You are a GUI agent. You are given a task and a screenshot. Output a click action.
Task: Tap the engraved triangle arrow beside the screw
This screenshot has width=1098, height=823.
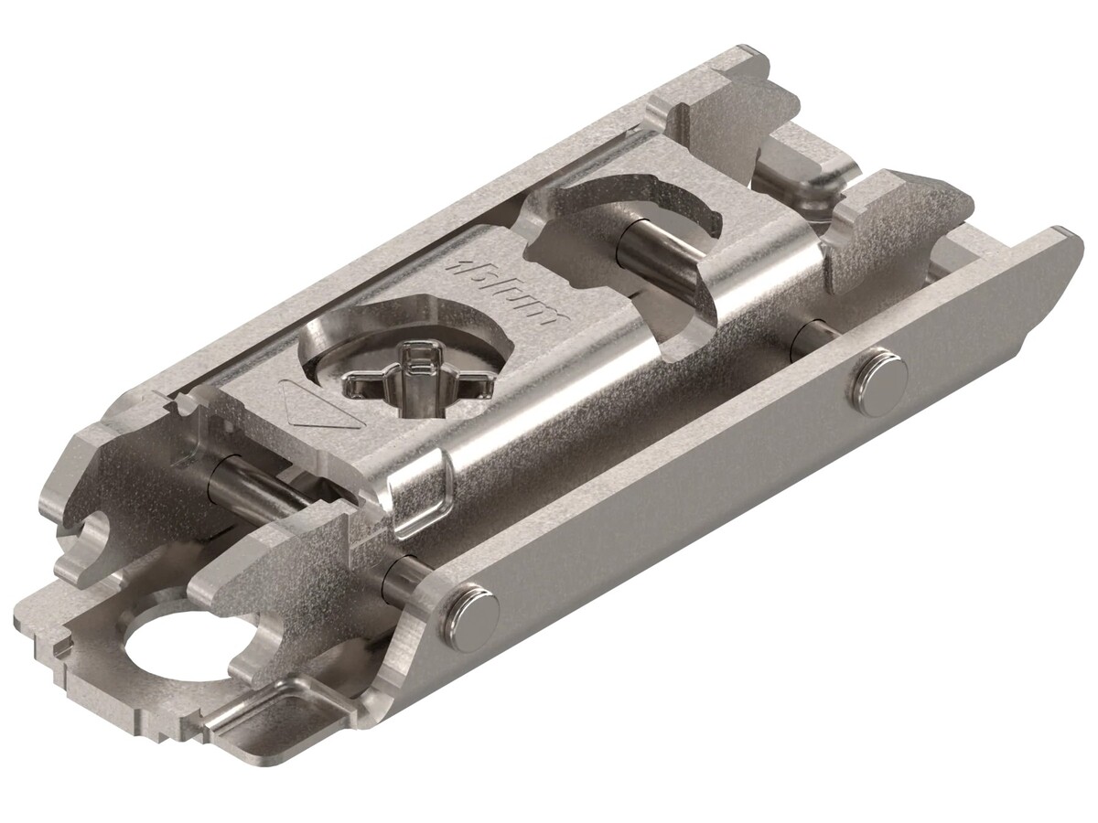tap(321, 408)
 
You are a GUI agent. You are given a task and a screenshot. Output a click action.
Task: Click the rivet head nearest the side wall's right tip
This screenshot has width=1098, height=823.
tap(877, 375)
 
